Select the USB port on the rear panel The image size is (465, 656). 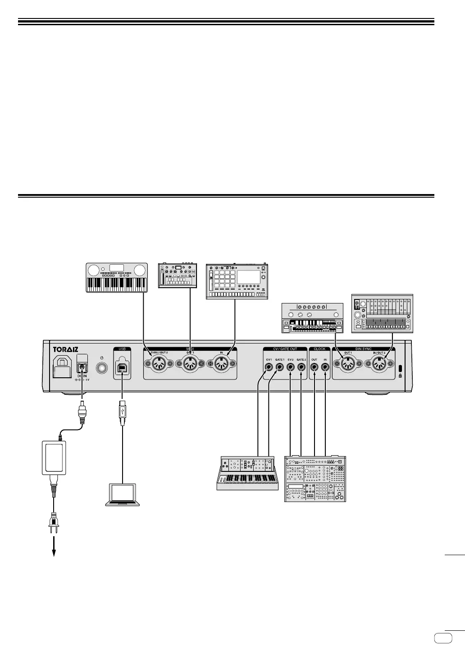(122, 367)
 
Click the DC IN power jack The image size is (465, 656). (82, 367)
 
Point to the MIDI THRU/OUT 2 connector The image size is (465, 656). (159, 364)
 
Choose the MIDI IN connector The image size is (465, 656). (221, 364)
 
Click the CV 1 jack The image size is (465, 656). (269, 367)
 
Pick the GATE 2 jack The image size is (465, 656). (301, 367)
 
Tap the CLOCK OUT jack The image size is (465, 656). (314, 367)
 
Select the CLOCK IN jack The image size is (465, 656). (325, 367)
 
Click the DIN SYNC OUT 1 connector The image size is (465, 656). (347, 364)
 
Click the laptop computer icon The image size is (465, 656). (123, 494)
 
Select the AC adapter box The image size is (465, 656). (54, 457)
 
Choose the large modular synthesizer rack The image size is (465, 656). (315, 479)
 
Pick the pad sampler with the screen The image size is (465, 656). (237, 281)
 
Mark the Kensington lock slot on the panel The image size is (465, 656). (400, 367)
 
